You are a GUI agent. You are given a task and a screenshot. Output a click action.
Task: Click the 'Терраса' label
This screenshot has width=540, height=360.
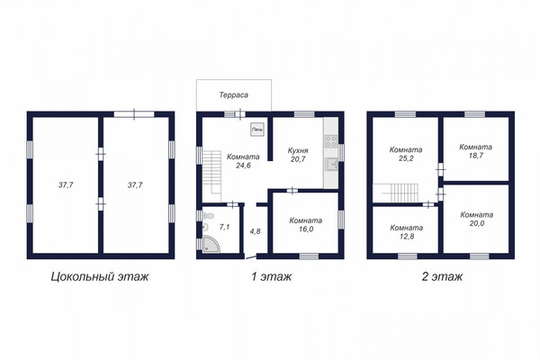click(234, 94)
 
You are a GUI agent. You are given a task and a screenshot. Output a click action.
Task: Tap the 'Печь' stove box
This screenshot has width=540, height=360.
click(256, 130)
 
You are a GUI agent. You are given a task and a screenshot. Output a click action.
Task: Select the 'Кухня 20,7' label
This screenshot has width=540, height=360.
click(298, 155)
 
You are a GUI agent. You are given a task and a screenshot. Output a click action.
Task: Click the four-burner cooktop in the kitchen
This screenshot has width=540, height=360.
click(331, 141)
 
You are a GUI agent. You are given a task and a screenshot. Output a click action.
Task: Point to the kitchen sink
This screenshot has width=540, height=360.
click(331, 165)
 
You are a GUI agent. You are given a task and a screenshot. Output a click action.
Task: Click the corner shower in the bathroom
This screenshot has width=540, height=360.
click(211, 244)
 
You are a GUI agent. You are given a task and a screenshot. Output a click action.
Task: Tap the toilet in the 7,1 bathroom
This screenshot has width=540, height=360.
click(208, 216)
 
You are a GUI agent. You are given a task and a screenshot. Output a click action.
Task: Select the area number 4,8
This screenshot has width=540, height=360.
click(255, 231)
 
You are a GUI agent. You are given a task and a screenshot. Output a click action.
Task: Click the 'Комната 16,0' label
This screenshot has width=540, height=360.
click(306, 225)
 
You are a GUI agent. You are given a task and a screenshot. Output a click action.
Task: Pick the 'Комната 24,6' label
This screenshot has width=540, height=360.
click(243, 161)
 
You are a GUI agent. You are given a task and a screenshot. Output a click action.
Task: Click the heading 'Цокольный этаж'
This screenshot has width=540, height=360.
click(100, 276)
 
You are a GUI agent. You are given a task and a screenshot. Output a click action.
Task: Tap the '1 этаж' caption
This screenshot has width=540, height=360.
click(272, 276)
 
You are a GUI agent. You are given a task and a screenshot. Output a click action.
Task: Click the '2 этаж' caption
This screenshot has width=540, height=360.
click(442, 276)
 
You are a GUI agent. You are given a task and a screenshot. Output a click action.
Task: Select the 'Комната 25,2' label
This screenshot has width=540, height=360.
click(406, 154)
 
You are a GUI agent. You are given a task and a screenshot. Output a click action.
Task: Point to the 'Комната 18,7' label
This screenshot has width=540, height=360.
click(475, 151)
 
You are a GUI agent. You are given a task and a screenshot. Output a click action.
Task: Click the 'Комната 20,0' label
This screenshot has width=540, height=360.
click(477, 219)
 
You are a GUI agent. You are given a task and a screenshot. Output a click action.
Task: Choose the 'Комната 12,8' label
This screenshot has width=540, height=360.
click(407, 232)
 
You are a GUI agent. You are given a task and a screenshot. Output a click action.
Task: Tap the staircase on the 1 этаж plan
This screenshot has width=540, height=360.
click(211, 176)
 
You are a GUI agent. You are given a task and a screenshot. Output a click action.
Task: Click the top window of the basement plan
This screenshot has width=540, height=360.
click(134, 114)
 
